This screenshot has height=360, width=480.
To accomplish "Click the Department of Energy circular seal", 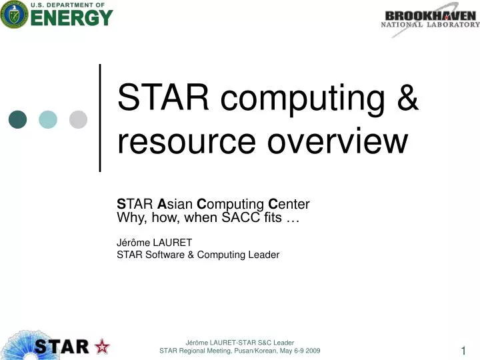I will click(x=13, y=15).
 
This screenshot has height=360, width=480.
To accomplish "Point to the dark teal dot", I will click(x=18, y=119).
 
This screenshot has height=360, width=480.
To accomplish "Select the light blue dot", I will click(x=48, y=119).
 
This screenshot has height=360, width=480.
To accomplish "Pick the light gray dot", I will click(x=79, y=119).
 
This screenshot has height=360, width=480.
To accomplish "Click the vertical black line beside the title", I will click(x=100, y=118).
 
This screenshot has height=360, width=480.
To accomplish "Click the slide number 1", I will click(x=463, y=351).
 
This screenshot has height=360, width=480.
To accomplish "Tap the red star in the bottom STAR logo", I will click(x=103, y=346).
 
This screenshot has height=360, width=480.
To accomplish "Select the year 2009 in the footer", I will click(x=310, y=351).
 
